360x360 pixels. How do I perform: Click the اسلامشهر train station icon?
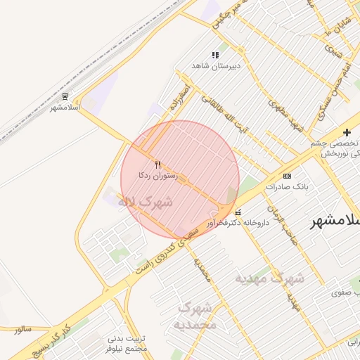[65, 96]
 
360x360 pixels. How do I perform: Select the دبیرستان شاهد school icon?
[215, 55]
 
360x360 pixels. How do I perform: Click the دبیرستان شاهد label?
[217, 65]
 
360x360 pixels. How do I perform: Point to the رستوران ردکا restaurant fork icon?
[157, 164]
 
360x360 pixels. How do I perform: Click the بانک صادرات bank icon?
[287, 175]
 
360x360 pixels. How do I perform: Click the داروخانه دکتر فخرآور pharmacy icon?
[238, 212]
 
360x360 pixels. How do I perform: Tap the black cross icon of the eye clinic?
[347, 132]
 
